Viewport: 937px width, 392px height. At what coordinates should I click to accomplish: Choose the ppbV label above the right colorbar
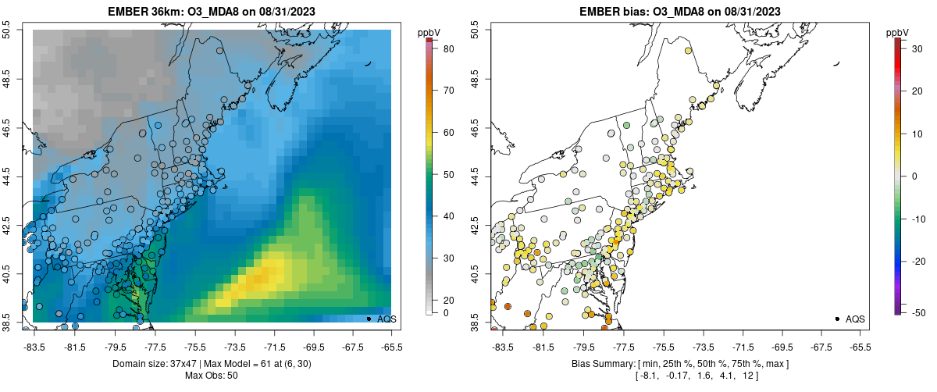coord(898,32)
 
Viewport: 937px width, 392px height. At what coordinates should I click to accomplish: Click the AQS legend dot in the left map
coord(369,319)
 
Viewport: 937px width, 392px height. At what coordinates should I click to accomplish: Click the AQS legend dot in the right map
coord(837,319)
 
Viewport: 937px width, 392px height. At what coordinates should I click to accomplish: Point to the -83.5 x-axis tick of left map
coord(34,347)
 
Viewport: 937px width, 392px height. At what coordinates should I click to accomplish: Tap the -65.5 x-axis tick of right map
coord(860,347)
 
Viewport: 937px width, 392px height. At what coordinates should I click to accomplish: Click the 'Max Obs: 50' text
coord(212,376)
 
